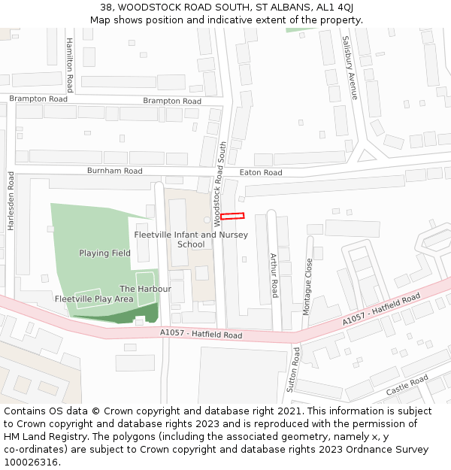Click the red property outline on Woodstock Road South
232,217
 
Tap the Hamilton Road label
69,65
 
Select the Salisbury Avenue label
348,68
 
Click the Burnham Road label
114,171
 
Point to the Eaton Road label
261,173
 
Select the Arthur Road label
274,275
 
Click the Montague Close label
307,287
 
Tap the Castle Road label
407,386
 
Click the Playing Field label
104,253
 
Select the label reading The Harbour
145,289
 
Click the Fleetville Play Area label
94,299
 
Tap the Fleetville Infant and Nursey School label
191,239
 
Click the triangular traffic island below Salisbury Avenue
366,156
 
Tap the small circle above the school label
207,220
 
